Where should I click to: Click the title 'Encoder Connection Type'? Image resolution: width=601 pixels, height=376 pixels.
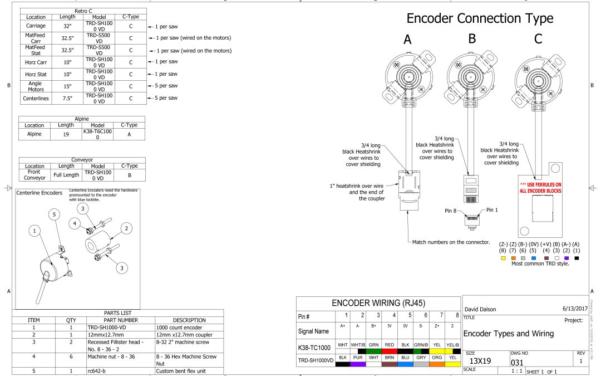tap(480, 18)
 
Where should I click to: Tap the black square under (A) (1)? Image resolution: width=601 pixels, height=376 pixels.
tap(576, 258)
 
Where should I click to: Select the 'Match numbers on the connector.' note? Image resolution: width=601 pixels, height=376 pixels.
tap(451, 242)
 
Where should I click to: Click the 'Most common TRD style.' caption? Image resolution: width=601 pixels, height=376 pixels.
tap(540, 263)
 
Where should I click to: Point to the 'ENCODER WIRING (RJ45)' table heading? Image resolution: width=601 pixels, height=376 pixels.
tap(378, 304)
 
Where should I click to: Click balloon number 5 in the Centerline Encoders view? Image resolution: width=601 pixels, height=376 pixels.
tap(55, 214)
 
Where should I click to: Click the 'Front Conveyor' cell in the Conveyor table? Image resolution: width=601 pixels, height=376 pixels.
tap(31, 175)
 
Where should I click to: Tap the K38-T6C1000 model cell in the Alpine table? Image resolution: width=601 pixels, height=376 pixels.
tap(97, 134)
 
